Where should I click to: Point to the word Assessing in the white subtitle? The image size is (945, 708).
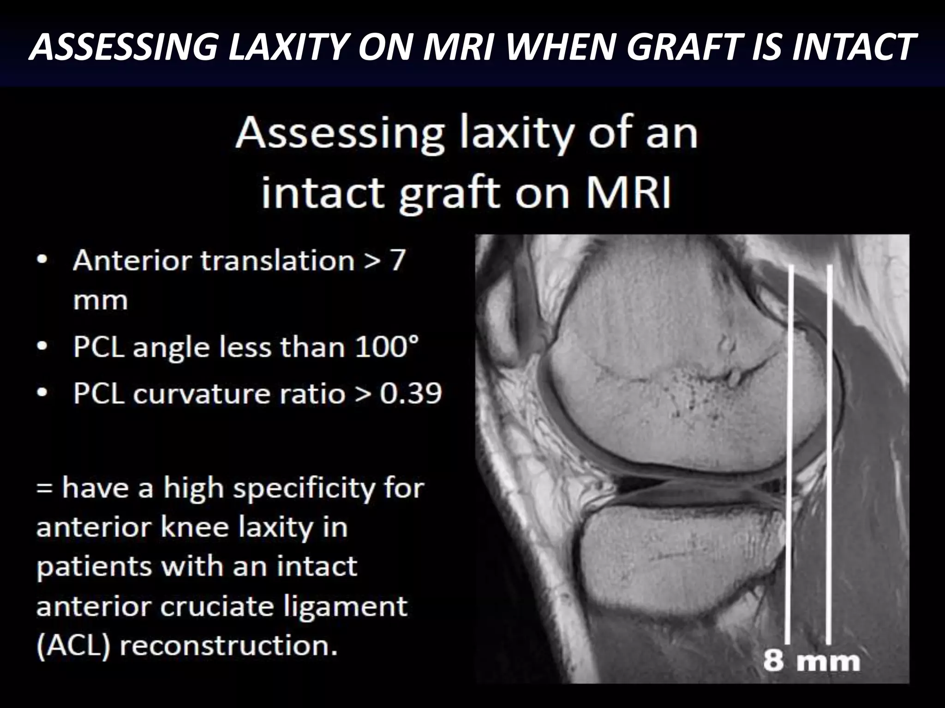coord(339,134)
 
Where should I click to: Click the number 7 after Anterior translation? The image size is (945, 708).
coord(398,260)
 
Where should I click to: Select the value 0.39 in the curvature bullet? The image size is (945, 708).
coord(411,394)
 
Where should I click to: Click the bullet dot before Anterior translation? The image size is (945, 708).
coord(42,260)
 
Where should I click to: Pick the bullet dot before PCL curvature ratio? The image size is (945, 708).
coord(42,393)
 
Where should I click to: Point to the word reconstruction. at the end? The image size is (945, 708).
coord(228,645)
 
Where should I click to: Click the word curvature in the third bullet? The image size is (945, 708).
coord(239,394)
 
